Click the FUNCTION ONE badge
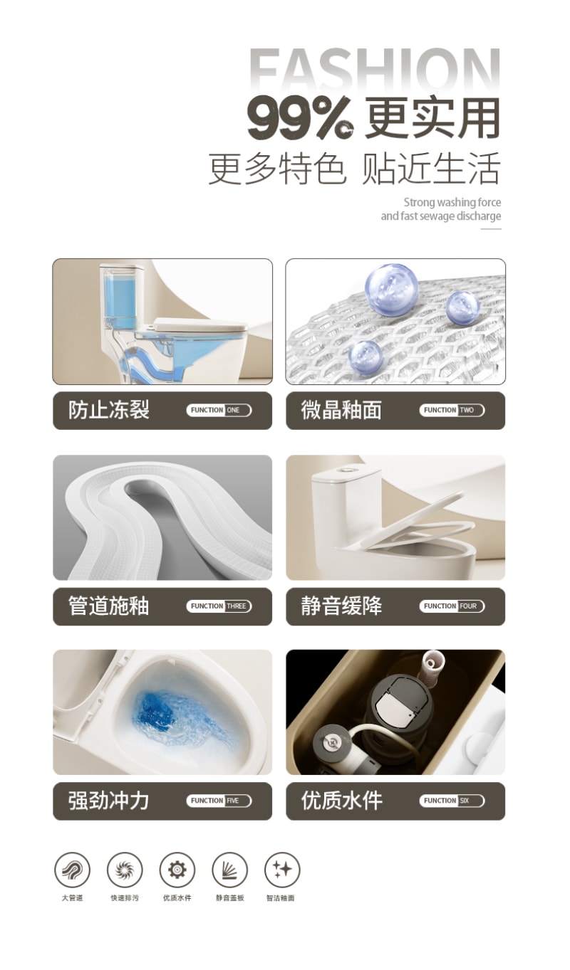219,410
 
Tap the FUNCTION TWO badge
452,410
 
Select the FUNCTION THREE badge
219,606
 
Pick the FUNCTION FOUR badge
452,606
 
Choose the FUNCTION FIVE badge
219,801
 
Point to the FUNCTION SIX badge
452,801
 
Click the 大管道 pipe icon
73,870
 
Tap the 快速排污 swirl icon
125,870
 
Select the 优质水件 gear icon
177,870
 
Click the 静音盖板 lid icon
229,870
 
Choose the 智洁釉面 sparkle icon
282,870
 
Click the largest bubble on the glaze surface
391,289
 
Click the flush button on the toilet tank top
346,468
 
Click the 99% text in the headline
300,118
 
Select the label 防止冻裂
109,410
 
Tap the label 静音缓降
341,606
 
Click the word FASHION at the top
375,69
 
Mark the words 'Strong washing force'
452,203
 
